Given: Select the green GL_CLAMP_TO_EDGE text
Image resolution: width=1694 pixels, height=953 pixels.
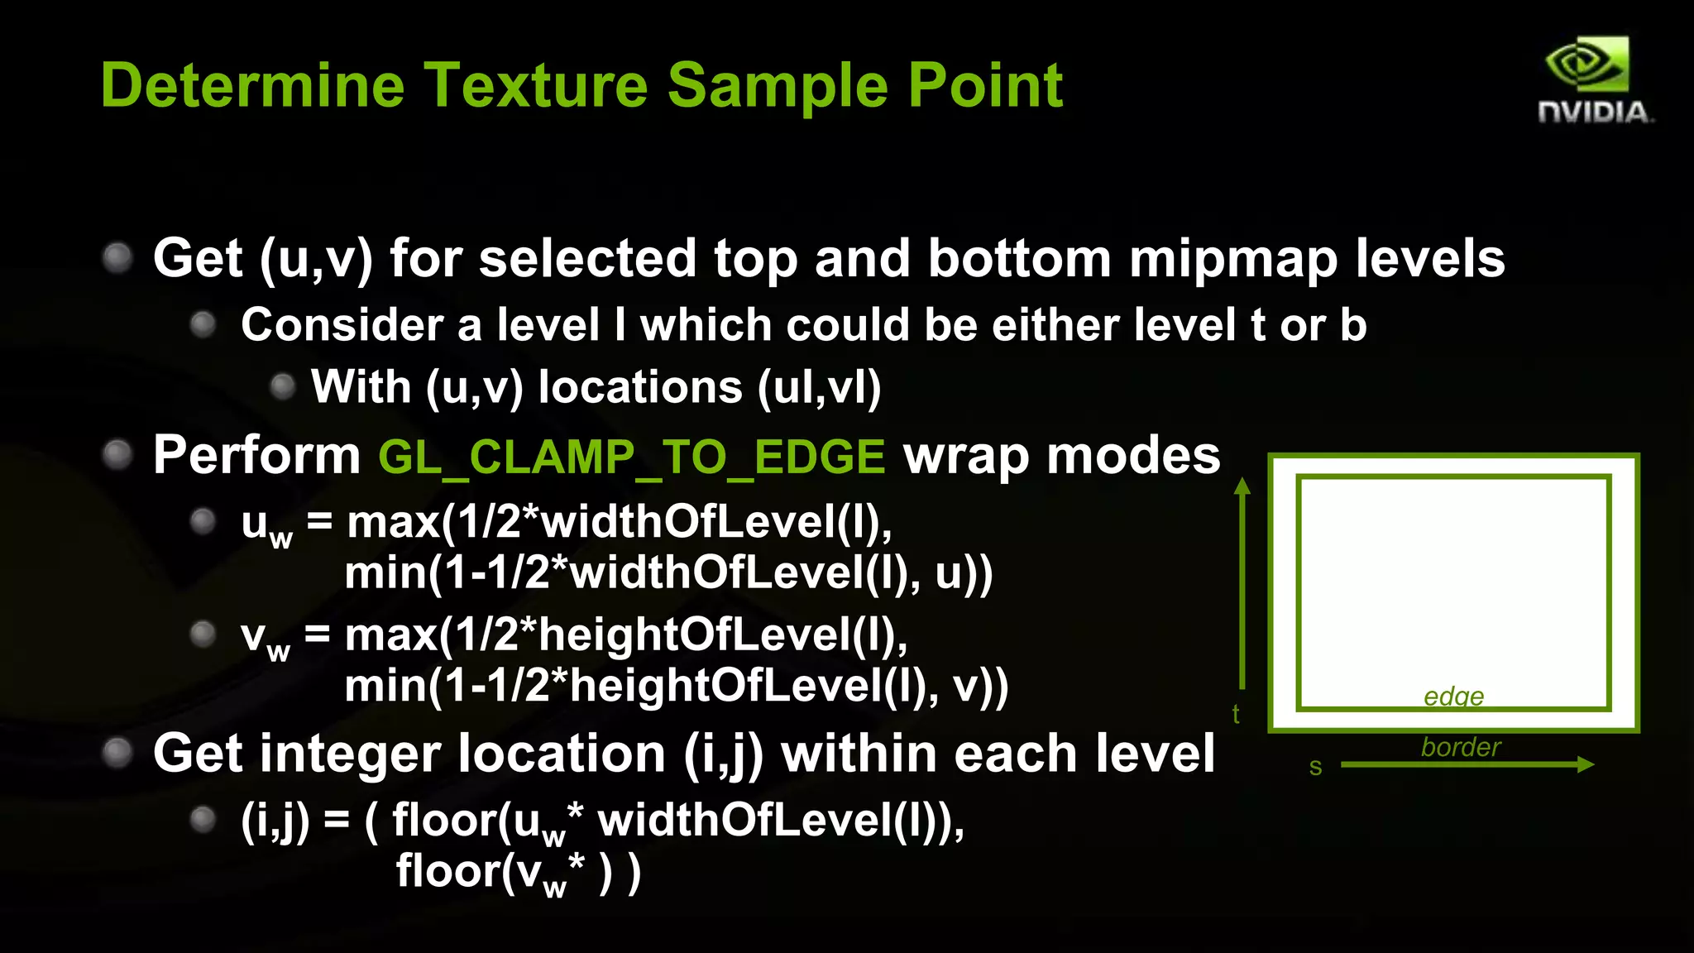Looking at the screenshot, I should pos(632,457).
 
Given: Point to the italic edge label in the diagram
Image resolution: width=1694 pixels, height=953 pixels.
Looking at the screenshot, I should pos(1453,696).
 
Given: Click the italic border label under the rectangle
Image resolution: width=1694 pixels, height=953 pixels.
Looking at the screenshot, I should pos(1460,747).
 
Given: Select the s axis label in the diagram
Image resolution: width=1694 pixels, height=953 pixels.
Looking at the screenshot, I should pos(1315,767).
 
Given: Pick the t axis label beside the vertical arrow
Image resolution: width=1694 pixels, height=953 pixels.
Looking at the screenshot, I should pos(1236,713).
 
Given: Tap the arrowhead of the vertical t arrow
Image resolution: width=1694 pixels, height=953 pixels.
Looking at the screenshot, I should pos(1242,486).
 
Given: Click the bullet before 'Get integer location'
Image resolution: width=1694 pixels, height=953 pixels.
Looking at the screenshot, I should pos(117,753).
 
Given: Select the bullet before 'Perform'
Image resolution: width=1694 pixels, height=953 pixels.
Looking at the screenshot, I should pos(117,454).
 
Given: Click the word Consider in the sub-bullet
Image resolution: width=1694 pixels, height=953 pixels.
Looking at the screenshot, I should pos(340,324).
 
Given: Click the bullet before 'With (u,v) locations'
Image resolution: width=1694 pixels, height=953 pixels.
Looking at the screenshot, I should pos(283,386).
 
